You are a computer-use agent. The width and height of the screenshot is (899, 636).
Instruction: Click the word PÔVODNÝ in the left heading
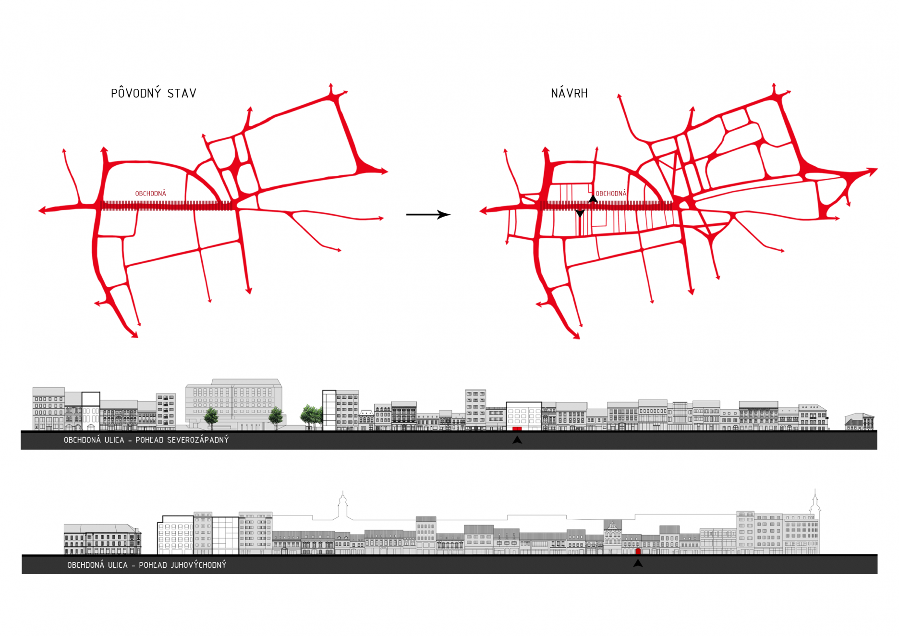tap(136, 93)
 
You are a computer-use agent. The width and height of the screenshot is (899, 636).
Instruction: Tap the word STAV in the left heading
tap(182, 93)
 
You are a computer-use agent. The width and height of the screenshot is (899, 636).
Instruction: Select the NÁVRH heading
tap(569, 93)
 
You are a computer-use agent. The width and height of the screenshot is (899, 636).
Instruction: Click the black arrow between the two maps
tap(428, 214)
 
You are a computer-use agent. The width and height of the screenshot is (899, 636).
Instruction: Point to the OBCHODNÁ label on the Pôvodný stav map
tap(150, 194)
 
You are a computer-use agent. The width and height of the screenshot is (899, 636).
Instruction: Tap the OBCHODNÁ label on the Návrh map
tap(611, 194)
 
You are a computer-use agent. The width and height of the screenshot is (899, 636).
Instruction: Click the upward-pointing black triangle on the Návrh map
tap(593, 198)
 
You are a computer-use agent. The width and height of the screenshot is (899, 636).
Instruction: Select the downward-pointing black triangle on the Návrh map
tap(580, 213)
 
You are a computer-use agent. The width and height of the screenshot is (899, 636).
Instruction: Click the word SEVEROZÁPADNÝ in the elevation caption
tap(198, 440)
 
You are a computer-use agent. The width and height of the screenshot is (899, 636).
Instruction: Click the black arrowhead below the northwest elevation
tap(517, 440)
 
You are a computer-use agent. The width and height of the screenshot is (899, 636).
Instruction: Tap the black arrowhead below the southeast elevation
tap(638, 563)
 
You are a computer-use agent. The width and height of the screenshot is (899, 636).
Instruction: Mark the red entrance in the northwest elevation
tap(517, 428)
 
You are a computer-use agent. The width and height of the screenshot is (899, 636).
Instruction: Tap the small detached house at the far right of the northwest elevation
tap(860, 421)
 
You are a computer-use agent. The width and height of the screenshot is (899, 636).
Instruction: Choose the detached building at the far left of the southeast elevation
tap(102, 539)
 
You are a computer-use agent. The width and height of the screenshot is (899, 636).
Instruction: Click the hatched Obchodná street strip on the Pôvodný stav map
tap(166, 206)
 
